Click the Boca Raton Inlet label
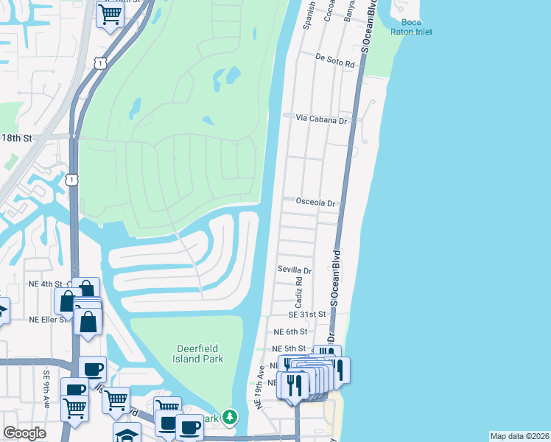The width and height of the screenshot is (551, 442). tap(416, 27)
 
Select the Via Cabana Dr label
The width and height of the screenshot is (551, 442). tap(321, 119)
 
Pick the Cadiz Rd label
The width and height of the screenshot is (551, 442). tap(300, 292)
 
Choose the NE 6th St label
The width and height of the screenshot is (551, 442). tap(289, 332)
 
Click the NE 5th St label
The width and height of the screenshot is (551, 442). tap(288, 348)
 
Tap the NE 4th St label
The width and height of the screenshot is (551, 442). tap(46, 284)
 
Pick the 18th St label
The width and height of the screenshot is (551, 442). tap(18, 138)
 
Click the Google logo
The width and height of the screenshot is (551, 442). tap(24, 433)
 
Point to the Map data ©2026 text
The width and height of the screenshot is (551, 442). tap(520, 436)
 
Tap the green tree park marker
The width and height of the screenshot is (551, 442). tap(231, 418)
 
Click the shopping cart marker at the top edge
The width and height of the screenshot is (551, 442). tap(110, 13)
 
